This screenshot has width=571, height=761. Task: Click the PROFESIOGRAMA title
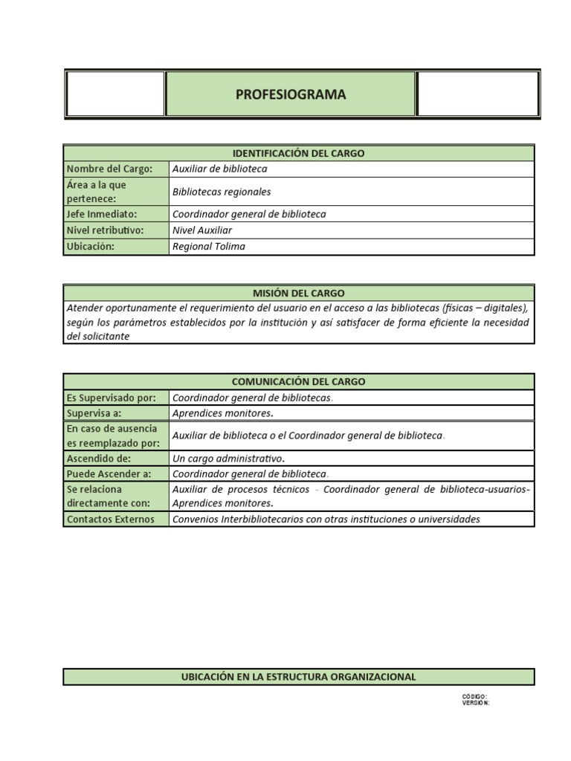pos(290,94)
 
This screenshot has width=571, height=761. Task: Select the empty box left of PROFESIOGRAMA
pos(115,94)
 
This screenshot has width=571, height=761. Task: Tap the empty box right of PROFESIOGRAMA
pos(477,94)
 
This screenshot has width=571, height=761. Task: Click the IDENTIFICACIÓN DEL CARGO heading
pos(298,153)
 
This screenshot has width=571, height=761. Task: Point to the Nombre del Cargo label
pos(109,169)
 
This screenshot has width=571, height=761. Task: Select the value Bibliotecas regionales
pos(222,192)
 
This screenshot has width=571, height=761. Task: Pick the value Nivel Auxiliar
pos(202,230)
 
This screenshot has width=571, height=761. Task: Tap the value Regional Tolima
pos(208,247)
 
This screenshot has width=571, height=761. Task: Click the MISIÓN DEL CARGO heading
pos(298,293)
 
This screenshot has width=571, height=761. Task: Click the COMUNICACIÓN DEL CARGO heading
pos(298,381)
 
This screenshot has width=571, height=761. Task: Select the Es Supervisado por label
pos(111,398)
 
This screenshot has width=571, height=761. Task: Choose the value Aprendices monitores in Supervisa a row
pos(222,413)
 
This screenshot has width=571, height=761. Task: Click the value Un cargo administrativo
pos(228,458)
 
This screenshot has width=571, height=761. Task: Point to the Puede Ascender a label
pos(109,474)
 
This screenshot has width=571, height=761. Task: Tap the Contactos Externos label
pos(111,519)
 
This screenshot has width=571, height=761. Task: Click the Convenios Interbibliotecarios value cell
pos(326,519)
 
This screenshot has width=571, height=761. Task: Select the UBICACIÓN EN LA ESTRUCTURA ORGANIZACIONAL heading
pos(298,677)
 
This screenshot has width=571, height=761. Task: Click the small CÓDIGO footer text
pos(474,696)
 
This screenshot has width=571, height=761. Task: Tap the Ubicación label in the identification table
pos(91,247)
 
